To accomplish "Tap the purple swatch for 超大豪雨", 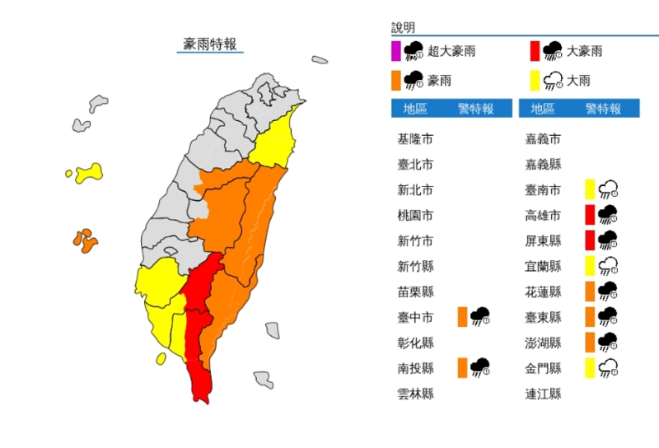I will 396,51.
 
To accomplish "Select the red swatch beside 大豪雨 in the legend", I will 535,51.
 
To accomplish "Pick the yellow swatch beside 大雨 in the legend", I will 535,81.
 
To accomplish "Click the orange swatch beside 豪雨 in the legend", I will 396,81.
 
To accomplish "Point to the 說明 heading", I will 404,28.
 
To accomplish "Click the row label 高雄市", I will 543,216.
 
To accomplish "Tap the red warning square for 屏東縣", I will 591,240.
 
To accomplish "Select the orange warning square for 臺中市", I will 462,317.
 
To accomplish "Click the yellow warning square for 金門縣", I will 591,368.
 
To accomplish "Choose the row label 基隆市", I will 415,139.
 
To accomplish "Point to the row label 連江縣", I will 543,394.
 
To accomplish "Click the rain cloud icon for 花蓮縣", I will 609,292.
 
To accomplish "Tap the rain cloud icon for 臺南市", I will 609,190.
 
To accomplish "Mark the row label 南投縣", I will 415,368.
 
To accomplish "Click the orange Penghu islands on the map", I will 85,240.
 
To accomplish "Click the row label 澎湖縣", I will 543,343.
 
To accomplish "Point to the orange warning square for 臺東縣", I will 591,317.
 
